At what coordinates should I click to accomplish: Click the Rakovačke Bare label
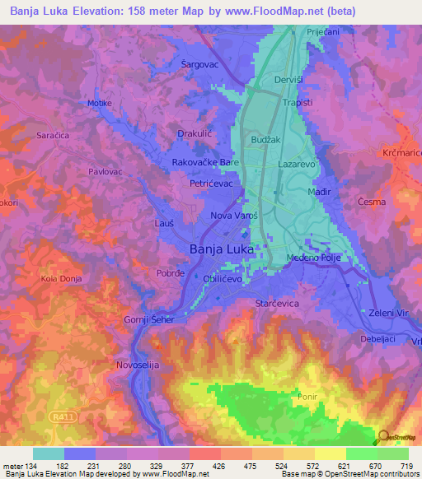(x=205, y=163)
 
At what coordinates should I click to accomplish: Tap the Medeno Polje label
(x=314, y=258)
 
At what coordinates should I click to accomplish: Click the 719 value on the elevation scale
(x=407, y=466)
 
